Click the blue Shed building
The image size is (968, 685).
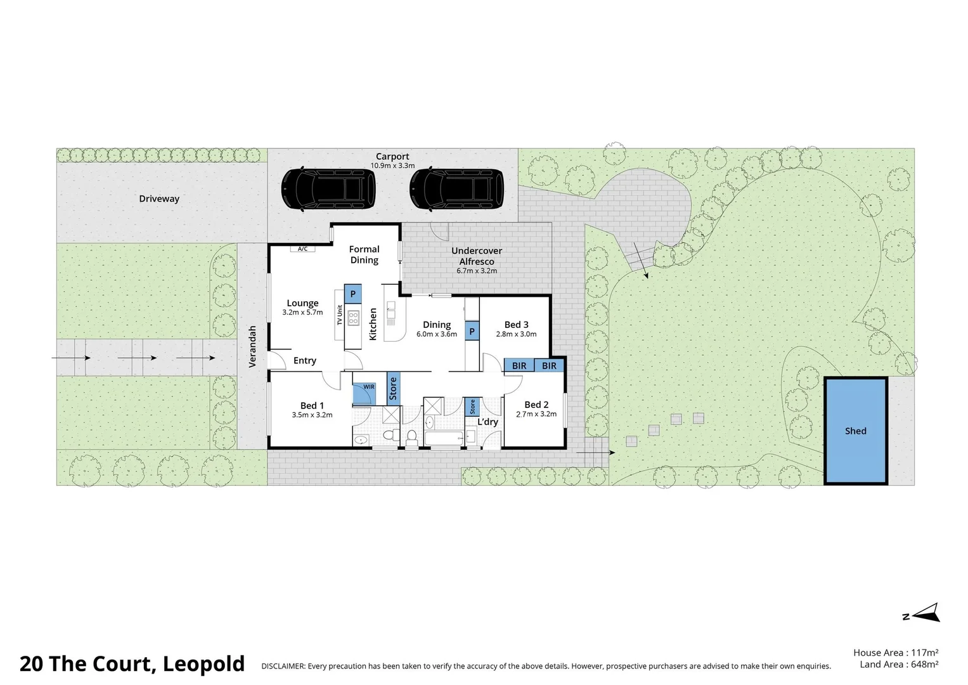855,431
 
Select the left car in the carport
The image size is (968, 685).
328,189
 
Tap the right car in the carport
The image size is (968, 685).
456,189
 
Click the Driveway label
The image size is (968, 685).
159,199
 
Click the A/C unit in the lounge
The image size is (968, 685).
302,249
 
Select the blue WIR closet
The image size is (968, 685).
364,393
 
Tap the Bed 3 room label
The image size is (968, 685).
516,325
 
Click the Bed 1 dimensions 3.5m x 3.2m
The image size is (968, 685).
312,415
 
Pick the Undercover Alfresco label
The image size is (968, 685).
477,256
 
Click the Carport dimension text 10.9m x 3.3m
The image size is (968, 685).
392,166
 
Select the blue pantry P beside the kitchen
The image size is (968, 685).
353,294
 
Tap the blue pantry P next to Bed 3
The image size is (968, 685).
472,331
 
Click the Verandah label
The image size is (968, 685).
252,346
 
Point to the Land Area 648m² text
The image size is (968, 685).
899,664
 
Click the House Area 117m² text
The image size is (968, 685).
895,652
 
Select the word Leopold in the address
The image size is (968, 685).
203,664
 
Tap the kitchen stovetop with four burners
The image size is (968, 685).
353,317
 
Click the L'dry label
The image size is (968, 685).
487,422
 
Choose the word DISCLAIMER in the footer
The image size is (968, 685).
283,666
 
